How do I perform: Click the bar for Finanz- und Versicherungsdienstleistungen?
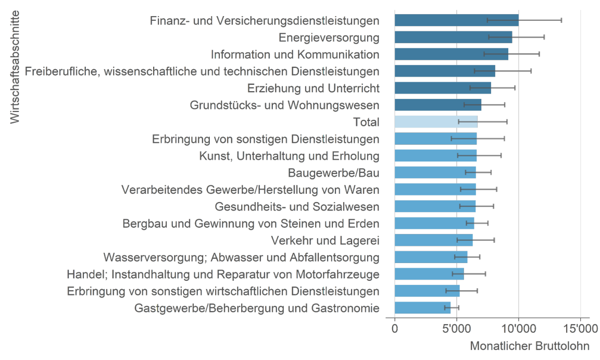click(x=456, y=20)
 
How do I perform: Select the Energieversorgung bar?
click(x=453, y=38)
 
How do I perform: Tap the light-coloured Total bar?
click(x=435, y=122)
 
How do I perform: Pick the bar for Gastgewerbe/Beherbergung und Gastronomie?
click(x=422, y=308)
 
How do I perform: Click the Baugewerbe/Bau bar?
click(x=435, y=172)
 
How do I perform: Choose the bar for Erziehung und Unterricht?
click(x=443, y=88)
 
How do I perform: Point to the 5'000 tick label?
click(x=456, y=329)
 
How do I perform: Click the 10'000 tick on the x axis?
click(x=518, y=329)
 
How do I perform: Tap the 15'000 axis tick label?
click(x=580, y=329)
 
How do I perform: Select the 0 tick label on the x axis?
click(x=394, y=329)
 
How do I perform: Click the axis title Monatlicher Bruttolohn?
click(x=530, y=346)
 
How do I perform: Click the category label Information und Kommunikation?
click(x=295, y=54)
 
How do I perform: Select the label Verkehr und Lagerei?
click(x=325, y=240)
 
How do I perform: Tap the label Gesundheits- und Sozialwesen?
click(x=297, y=207)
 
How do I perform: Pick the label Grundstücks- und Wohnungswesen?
click(x=284, y=105)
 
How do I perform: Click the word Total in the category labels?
click(x=366, y=122)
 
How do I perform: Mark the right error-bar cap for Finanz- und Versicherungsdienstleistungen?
click(x=561, y=20)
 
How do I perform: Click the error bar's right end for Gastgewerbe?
click(x=459, y=308)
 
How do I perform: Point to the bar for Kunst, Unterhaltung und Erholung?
click(x=435, y=156)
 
